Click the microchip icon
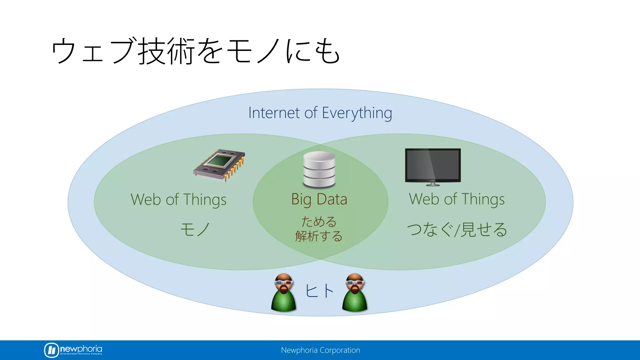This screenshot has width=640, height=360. [x=219, y=165]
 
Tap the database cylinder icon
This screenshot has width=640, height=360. [x=319, y=170]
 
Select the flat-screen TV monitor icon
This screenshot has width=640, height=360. [x=433, y=166]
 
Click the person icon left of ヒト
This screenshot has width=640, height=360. [x=283, y=293]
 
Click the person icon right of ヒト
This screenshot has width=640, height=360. [x=355, y=293]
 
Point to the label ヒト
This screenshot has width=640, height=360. [x=319, y=291]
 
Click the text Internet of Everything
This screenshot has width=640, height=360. [x=320, y=113]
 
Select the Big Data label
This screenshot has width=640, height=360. [x=319, y=199]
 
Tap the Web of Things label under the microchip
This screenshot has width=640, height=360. [x=178, y=200]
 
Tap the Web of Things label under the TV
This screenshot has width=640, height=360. [x=457, y=199]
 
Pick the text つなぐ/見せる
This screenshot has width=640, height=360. [x=457, y=230]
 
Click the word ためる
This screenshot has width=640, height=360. [x=319, y=222]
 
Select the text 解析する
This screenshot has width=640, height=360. [x=319, y=236]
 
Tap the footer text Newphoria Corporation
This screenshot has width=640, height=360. [x=320, y=350]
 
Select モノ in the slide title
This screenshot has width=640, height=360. [x=253, y=51]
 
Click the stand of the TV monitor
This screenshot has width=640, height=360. [x=433, y=183]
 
